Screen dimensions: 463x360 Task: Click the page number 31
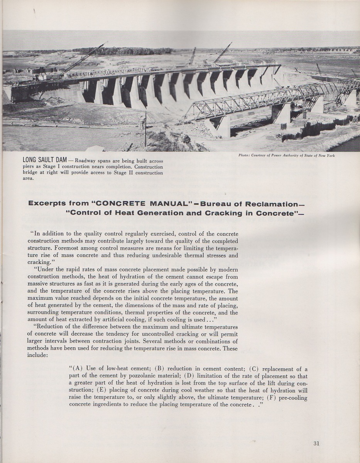click(316, 443)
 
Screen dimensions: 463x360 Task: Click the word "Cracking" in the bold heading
click(221, 213)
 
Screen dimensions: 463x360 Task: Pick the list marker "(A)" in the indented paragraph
click(79, 368)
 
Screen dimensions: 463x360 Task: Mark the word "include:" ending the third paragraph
click(37, 355)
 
